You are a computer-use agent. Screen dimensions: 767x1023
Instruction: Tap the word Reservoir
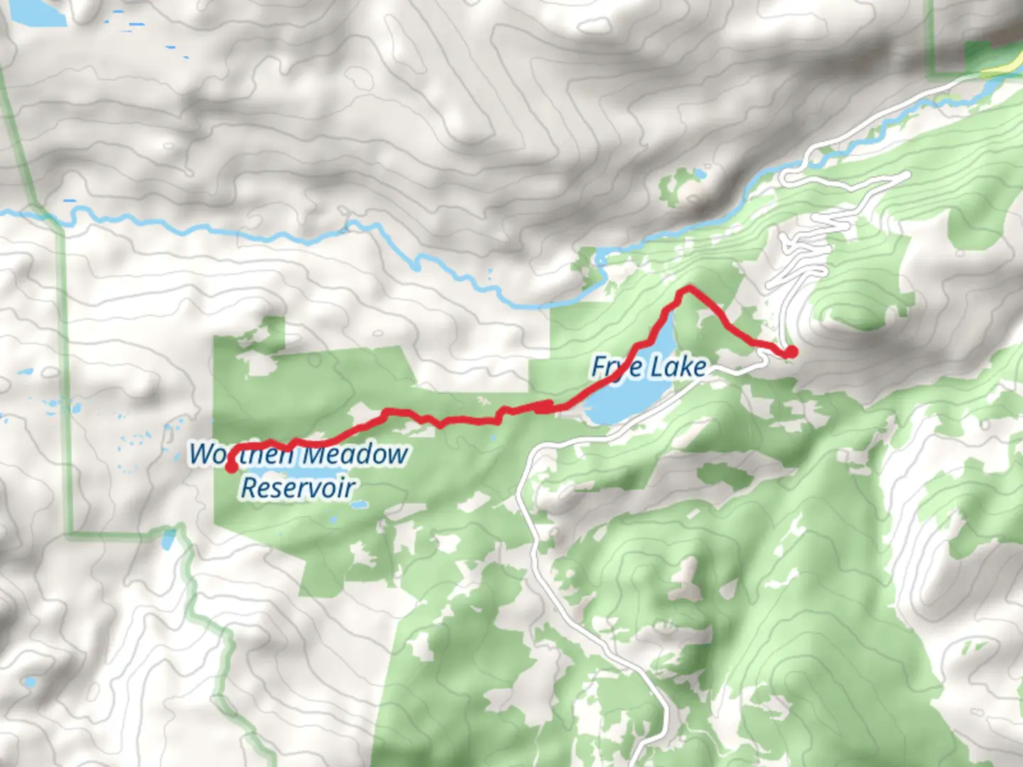298,488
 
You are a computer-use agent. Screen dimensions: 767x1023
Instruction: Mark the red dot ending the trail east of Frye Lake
790,352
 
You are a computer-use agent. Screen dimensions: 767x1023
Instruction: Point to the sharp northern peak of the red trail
688,288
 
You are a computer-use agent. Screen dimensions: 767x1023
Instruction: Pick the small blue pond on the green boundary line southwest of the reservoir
168,540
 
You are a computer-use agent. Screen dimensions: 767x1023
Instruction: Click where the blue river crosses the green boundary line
44,213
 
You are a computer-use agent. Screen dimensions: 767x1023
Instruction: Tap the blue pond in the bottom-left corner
30,682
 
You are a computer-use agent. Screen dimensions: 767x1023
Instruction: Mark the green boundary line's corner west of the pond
71,531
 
